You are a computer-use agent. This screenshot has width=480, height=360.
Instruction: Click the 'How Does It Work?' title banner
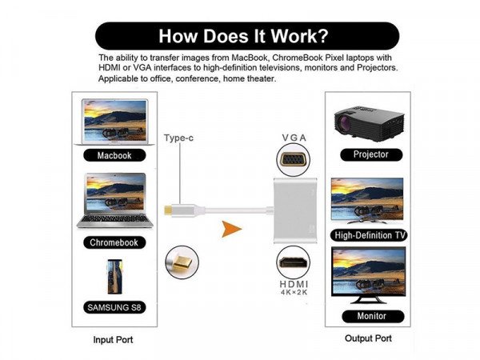pyautogui.click(x=246, y=36)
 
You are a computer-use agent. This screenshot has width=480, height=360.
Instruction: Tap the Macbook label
pyautogui.click(x=114, y=155)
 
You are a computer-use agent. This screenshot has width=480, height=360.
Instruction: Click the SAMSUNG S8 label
pyautogui.click(x=114, y=307)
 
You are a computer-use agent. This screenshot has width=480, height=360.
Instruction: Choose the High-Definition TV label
pyautogui.click(x=370, y=235)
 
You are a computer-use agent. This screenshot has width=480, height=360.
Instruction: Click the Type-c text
pyautogui.click(x=179, y=138)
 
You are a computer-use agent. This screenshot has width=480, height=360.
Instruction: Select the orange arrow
pyautogui.click(x=231, y=230)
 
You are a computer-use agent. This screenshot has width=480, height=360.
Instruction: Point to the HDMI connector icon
pyautogui.click(x=294, y=262)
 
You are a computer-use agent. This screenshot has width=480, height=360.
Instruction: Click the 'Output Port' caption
pyautogui.click(x=369, y=339)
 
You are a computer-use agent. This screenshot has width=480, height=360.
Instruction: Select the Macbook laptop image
pyautogui.click(x=114, y=122)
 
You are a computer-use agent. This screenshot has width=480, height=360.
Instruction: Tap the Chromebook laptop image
pyautogui.click(x=114, y=203)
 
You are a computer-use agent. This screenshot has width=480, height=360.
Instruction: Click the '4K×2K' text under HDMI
pyautogui.click(x=294, y=294)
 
